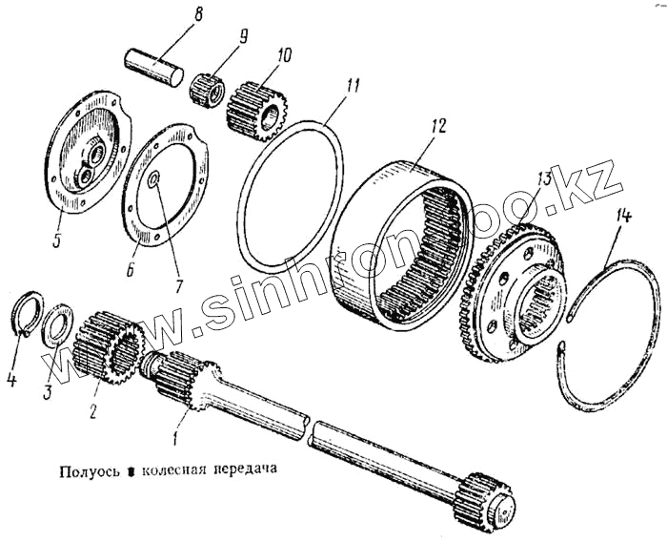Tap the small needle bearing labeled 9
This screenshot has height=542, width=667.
click(x=211, y=90)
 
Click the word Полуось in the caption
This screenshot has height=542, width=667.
click(x=88, y=470)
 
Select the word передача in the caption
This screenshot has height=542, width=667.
click(x=250, y=470)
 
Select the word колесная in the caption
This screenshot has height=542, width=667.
click(x=174, y=470)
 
